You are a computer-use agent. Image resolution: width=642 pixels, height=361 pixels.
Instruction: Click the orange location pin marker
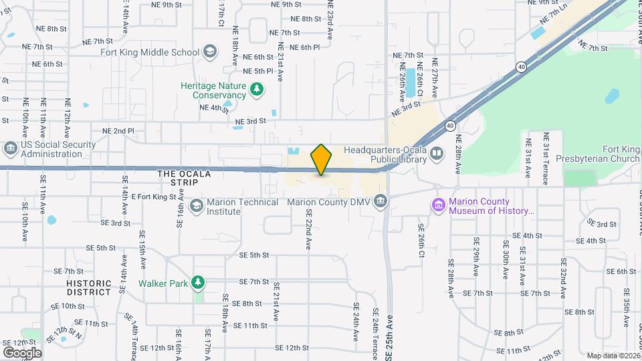(322, 159)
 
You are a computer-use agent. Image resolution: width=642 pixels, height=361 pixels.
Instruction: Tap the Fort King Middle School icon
(210, 51)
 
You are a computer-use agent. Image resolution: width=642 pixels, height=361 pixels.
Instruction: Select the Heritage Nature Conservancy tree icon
(255, 89)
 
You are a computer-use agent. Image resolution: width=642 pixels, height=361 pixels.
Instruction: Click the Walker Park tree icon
(197, 283)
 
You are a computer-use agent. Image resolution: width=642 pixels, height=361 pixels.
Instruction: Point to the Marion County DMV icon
(380, 201)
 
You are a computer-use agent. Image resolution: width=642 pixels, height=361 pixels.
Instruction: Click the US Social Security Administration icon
(10, 147)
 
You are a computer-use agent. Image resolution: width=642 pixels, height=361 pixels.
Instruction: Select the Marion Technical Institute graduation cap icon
(197, 205)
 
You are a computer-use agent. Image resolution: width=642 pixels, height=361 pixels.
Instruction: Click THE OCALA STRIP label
(184, 178)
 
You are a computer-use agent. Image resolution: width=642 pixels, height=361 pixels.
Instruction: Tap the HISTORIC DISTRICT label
(88, 287)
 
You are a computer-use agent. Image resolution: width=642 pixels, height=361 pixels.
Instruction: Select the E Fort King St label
(154, 197)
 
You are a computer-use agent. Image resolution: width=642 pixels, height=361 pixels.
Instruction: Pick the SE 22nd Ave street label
(310, 229)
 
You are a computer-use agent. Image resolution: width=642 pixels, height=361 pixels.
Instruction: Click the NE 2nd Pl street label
(118, 131)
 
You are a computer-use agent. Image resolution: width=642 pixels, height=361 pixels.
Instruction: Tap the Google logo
(22, 352)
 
